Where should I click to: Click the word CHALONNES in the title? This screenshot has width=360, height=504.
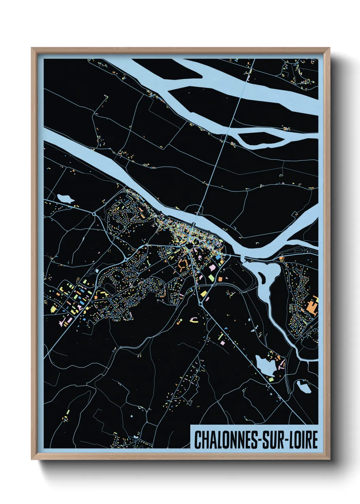coord(223,440)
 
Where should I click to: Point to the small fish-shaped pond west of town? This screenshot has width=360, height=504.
coord(66,199)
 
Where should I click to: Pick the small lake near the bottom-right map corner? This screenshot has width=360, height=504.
coord(304,387)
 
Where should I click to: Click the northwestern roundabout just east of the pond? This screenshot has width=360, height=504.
coord(94,214)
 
